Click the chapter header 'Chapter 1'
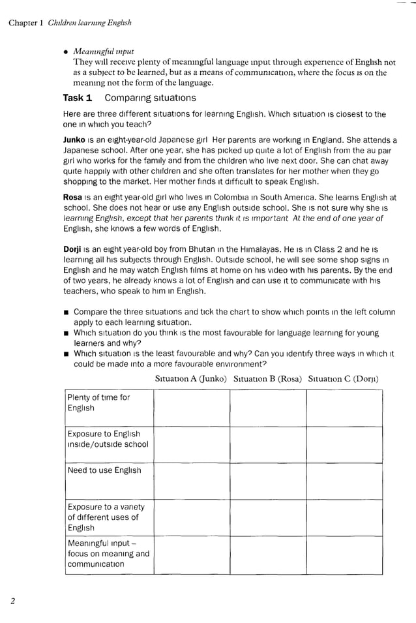coord(25,23)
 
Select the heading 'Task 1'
coord(77,98)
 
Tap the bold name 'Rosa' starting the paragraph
coord(72,197)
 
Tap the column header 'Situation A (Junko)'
coord(191,378)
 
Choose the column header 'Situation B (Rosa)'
coord(267,378)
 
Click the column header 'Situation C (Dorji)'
coord(344,378)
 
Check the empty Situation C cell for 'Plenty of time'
coord(344,408)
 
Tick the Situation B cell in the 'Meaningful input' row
coord(267,555)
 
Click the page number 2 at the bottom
coord(12,601)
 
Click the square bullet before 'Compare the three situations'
coord(67,312)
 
